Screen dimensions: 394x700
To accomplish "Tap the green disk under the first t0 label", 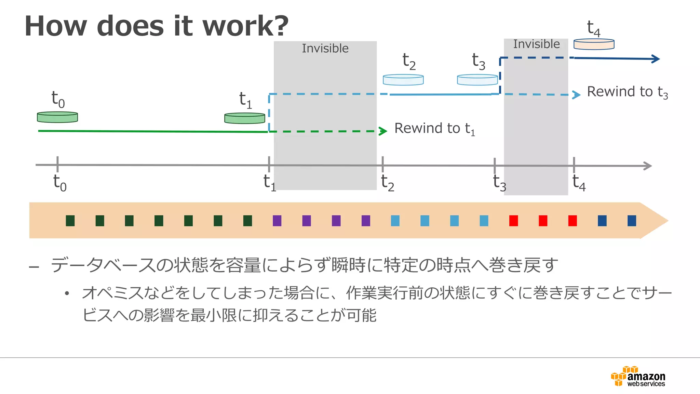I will click(57, 117).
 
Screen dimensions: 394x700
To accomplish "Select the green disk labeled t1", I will click(245, 118).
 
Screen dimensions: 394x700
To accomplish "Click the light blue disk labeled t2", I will click(403, 80).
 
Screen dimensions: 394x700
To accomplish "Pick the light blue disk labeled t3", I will click(477, 80).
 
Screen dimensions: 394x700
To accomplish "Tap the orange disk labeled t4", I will click(594, 44).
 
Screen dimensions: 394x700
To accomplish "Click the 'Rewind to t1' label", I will click(434, 129).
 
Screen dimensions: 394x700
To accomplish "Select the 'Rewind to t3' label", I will click(627, 92).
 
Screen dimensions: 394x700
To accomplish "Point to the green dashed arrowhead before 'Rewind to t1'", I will click(383, 131).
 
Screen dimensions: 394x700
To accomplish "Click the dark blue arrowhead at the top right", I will click(656, 59).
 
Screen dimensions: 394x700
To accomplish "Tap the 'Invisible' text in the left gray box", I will click(325, 49).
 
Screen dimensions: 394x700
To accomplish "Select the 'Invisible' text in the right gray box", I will click(536, 44).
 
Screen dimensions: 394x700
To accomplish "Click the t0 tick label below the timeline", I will click(60, 183).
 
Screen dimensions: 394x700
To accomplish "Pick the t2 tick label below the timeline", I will click(388, 183).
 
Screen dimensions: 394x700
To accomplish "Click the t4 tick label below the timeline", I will click(579, 183).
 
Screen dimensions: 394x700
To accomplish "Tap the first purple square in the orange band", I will click(277, 221).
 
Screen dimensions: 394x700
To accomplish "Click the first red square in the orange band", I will click(513, 221).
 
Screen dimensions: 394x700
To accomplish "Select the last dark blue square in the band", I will click(632, 221).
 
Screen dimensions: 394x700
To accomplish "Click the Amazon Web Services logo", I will click(638, 377).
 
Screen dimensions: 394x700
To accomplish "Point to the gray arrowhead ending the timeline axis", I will click(648, 166).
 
